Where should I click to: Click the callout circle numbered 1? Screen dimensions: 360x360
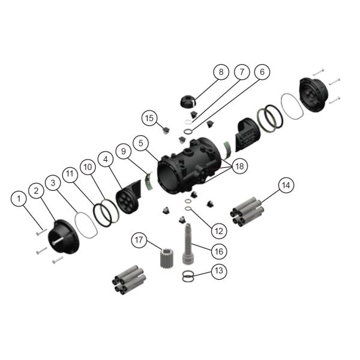(x=21, y=197)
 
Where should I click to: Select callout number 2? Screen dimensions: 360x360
(x=37, y=191)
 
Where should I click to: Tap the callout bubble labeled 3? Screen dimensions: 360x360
(x=54, y=181)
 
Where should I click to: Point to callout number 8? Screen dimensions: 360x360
(x=220, y=73)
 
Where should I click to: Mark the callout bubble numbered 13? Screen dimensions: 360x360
(x=219, y=271)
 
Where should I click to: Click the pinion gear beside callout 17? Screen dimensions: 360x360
(x=158, y=260)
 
